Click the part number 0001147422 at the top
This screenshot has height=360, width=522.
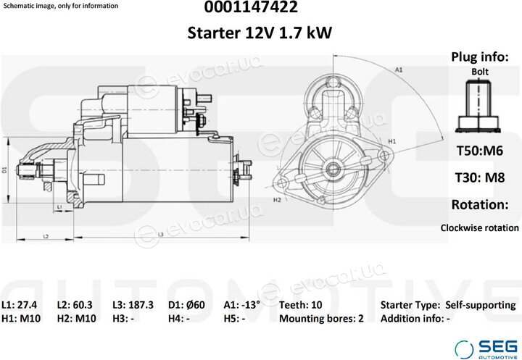click(251, 7)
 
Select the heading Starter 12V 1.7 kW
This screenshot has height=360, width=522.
click(260, 33)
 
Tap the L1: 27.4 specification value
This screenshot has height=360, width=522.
click(20, 305)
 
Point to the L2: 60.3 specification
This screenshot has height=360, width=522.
click(75, 305)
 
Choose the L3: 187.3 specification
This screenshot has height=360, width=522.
click(133, 305)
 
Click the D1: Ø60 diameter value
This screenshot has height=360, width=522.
click(186, 305)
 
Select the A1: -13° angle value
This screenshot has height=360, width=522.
click(241, 305)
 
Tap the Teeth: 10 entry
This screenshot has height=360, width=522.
click(301, 305)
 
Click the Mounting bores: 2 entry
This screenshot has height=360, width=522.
click(321, 319)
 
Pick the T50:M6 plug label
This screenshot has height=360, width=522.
click(480, 151)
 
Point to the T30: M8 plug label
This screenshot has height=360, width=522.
click(480, 177)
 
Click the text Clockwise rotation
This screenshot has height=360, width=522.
click(480, 228)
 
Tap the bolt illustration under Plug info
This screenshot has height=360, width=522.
click(478, 106)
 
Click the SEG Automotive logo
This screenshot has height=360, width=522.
click(486, 349)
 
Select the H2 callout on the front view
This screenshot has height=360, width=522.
click(277, 200)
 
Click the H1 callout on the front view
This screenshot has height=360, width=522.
click(392, 141)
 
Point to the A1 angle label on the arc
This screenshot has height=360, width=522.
click(399, 70)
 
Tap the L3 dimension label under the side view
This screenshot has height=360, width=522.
click(160, 235)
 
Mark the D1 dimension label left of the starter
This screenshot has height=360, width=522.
click(4, 169)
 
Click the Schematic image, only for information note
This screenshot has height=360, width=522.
click(60, 6)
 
